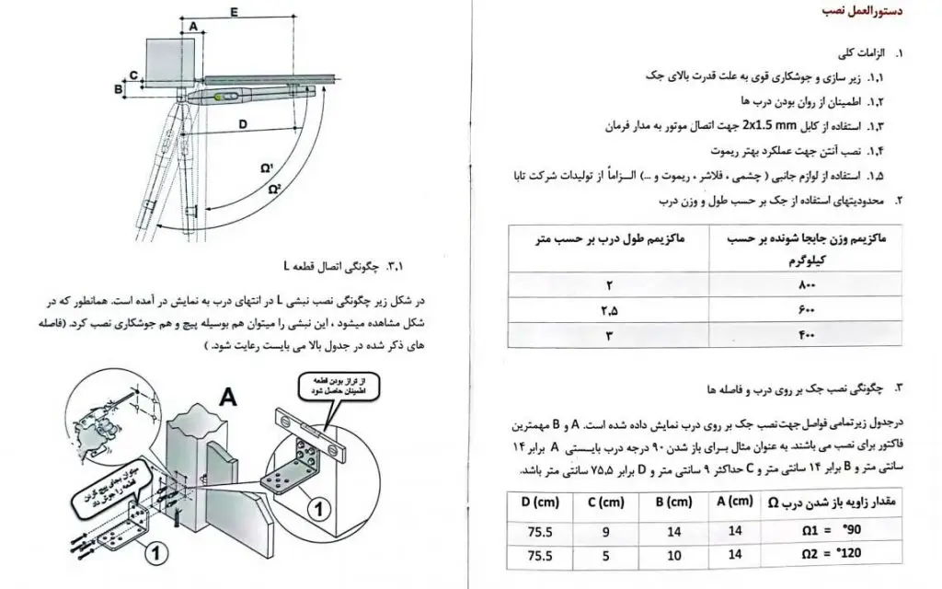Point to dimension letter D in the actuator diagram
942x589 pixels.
point(240,122)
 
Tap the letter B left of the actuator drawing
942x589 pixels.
point(118,88)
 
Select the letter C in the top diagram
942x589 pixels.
point(133,74)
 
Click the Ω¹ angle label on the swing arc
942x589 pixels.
point(266,167)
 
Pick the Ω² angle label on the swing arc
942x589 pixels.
point(274,188)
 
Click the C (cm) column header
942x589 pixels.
point(604,502)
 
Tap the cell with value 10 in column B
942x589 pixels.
point(675,555)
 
